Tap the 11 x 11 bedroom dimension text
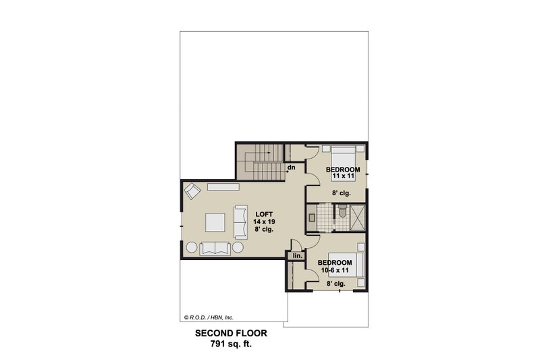pos(343,177)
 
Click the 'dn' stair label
pos(292,167)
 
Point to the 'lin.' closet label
pos(296,256)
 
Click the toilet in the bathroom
pos(342,215)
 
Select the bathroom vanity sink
pos(312,218)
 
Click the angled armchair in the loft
pos(192,190)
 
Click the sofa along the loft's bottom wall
pos(215,248)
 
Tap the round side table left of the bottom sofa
pos(191,249)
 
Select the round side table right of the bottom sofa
pos(238,249)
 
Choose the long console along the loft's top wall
pos(223,186)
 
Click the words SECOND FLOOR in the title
pos(231,333)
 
